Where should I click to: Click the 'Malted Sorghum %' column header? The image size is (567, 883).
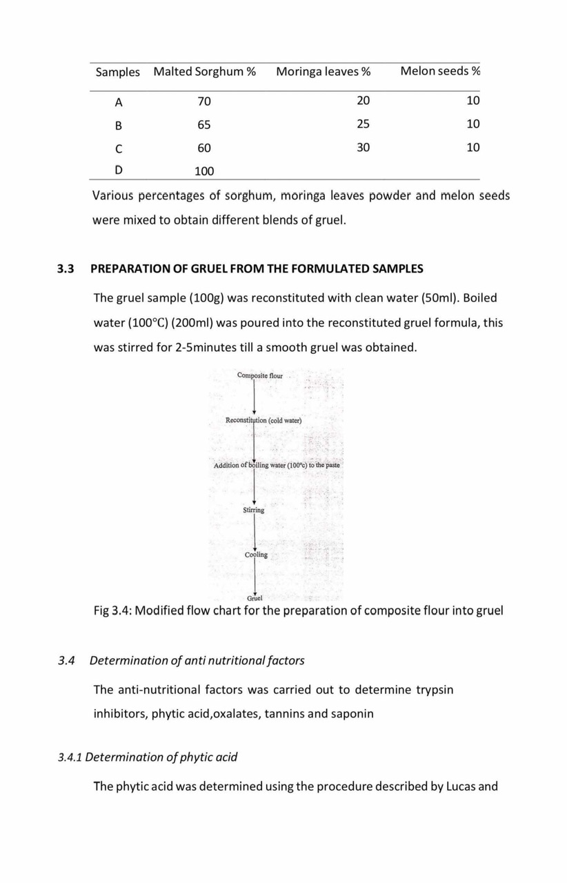click(204, 72)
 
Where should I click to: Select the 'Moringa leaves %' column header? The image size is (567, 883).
click(323, 72)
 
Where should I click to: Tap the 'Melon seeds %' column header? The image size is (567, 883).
click(440, 71)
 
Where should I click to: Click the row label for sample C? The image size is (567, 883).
click(119, 148)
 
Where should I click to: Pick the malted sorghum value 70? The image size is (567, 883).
click(204, 101)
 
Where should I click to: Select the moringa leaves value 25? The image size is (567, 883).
click(364, 124)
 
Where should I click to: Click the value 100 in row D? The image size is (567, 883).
click(204, 171)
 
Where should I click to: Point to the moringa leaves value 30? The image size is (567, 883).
click(364, 148)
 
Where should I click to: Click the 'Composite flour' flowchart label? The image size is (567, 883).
click(259, 375)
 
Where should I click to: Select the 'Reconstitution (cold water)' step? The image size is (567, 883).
click(263, 420)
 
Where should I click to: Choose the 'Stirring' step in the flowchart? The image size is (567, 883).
click(254, 510)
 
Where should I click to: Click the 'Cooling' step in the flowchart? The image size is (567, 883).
click(256, 555)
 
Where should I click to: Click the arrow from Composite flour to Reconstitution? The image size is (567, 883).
click(255, 397)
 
